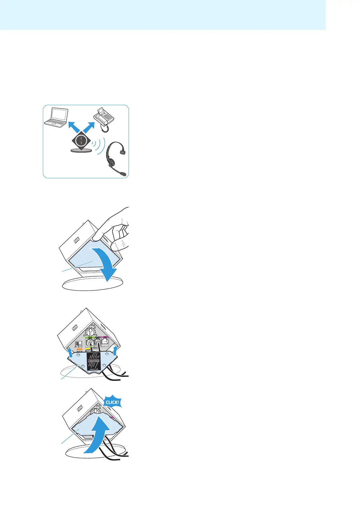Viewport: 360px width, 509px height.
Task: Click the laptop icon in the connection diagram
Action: [56, 118]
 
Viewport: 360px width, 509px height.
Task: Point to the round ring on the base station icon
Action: [81, 141]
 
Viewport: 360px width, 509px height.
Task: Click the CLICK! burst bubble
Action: [113, 402]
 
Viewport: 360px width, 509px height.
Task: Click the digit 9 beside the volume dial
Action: [96, 335]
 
